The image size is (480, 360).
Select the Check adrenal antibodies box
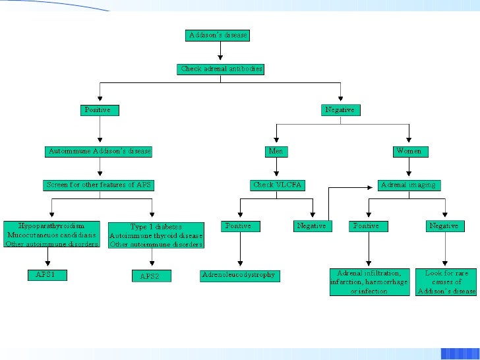tap(222, 69)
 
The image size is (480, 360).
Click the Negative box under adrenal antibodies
tap(340, 110)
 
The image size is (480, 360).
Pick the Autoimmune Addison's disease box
tap(100, 152)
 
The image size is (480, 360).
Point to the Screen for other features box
tap(100, 185)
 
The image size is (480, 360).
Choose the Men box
tap(276, 152)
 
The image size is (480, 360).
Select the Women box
tap(409, 152)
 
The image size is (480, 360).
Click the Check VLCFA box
tap(278, 185)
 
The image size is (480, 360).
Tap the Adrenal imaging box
tap(409, 185)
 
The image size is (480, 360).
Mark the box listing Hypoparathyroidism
tap(51, 235)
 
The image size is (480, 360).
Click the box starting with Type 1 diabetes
tap(156, 236)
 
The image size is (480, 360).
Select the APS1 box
tap(47, 275)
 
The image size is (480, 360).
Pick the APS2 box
tap(150, 276)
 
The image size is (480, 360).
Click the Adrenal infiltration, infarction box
tap(369, 282)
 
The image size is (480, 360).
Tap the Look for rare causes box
tap(446, 282)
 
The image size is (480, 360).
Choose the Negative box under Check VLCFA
tap(311, 226)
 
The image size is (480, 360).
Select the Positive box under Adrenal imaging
tap(367, 226)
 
